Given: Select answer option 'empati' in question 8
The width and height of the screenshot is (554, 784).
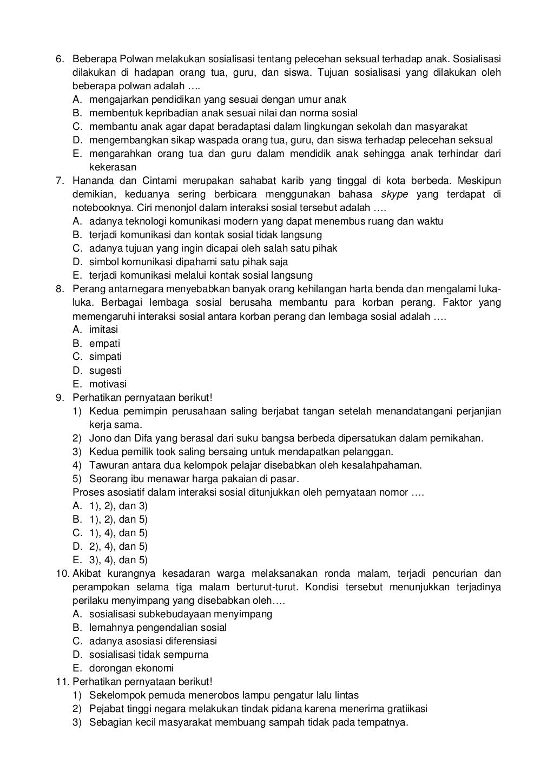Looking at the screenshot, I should [104, 344].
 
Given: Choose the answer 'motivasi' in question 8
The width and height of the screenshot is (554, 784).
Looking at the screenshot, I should [108, 384].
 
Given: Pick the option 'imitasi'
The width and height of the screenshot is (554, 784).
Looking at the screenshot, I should [103, 330].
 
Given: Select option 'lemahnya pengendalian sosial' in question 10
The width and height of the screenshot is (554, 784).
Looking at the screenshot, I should [157, 628].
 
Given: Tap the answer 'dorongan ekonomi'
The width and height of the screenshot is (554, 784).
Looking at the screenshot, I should [131, 668].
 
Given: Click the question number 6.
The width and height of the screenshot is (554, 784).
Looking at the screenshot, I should [60, 58].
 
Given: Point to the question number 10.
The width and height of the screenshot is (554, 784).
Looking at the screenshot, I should [62, 574].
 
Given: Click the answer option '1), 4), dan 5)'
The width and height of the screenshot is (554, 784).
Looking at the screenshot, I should [118, 533].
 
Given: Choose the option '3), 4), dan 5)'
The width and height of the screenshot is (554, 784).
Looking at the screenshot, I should [118, 560].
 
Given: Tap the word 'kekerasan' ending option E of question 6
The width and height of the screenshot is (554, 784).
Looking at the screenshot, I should [112, 167].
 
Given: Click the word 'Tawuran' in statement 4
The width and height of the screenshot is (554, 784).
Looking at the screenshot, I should [107, 465].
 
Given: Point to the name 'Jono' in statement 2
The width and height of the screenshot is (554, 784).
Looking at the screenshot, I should [100, 438].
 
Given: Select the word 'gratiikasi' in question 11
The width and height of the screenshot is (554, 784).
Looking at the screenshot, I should [406, 709].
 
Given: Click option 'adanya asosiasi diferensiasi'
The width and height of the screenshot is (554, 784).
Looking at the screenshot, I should [153, 641].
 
